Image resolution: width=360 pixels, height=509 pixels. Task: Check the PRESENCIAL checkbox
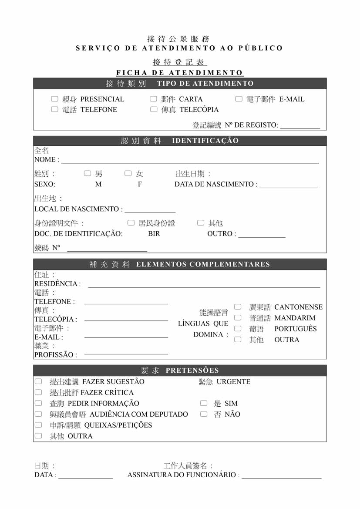[x=54, y=99]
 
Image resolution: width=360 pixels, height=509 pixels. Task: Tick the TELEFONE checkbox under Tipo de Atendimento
[x=54, y=110]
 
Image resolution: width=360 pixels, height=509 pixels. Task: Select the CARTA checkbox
[x=153, y=99]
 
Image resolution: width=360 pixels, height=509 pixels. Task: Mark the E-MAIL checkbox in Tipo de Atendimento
[x=239, y=99]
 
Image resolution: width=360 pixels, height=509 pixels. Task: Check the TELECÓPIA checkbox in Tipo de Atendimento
[x=153, y=110]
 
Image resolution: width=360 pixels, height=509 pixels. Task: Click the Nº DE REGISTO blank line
[x=300, y=127]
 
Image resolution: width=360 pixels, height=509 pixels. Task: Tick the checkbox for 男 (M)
[x=87, y=174]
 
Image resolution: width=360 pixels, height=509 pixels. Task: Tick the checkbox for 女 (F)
[x=128, y=174]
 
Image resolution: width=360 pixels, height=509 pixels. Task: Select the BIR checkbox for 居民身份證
[x=131, y=223]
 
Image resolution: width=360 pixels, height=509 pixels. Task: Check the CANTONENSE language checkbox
[x=238, y=307]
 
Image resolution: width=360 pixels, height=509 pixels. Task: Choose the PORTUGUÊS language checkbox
[x=238, y=329]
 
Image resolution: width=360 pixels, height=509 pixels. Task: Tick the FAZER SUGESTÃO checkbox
[x=38, y=381]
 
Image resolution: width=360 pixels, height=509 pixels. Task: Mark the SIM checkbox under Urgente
[x=204, y=403]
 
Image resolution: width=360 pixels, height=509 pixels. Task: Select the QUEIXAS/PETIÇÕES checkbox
[x=38, y=425]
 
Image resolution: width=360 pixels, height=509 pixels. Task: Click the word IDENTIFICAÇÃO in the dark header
[x=205, y=141]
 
